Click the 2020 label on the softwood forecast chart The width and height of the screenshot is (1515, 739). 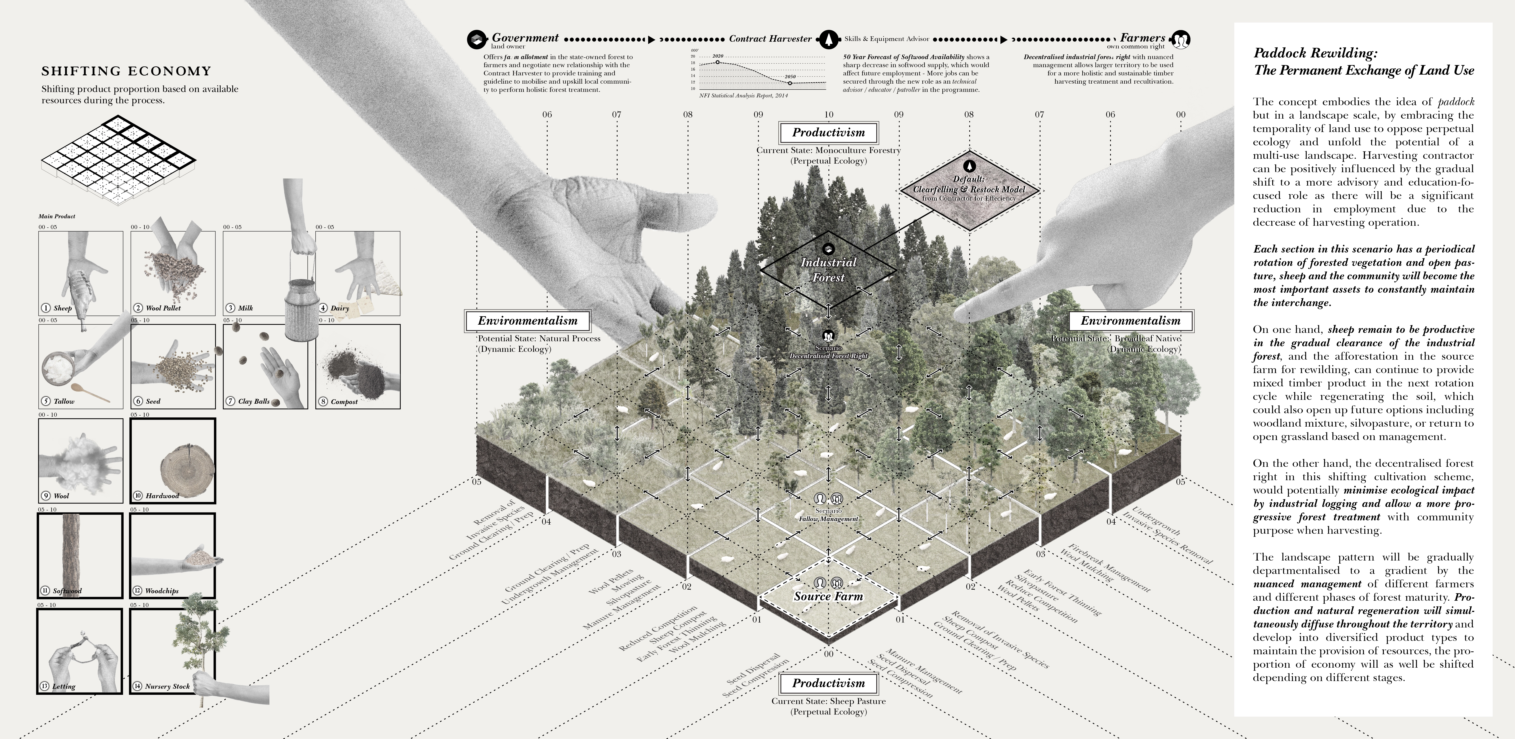[x=718, y=56]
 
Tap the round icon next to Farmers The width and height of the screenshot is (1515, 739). [x=1180, y=39]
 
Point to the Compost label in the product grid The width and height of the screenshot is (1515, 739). [x=344, y=402]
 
